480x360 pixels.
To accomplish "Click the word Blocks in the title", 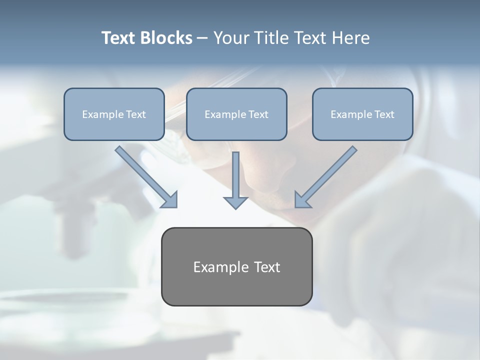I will point(167,38).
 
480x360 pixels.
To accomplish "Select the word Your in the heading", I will point(229,38).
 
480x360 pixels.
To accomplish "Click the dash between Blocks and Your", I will point(202,38).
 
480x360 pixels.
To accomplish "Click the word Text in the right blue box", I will point(384,114).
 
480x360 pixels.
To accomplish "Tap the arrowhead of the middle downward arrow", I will point(235,202).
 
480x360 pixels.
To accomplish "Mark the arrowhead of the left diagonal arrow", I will point(170,199).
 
